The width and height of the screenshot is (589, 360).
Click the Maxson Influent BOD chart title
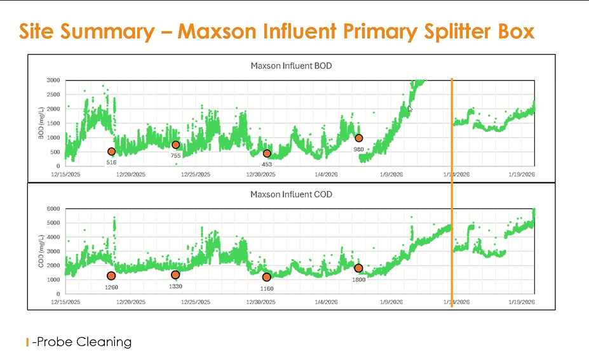(x=291, y=65)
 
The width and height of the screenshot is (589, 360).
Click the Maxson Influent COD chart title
(x=291, y=194)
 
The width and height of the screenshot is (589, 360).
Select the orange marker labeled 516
(x=112, y=151)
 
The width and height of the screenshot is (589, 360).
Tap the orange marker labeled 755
(x=176, y=145)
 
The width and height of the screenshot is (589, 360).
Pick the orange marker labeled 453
(x=267, y=154)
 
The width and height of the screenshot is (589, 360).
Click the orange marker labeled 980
(x=358, y=138)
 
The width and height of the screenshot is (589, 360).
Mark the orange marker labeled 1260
(x=111, y=276)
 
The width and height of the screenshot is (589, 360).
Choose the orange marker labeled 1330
(x=175, y=275)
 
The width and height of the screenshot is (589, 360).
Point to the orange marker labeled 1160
(x=266, y=277)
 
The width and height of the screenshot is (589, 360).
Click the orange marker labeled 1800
(x=358, y=268)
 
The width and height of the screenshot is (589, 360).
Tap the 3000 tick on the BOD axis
(x=53, y=81)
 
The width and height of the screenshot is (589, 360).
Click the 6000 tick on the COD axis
(x=53, y=209)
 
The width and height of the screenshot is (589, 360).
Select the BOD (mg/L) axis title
(x=41, y=123)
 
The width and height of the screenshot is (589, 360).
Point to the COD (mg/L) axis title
(x=41, y=251)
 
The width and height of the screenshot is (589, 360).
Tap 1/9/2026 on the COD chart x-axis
(x=391, y=302)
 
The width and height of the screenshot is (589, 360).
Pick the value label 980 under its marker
(x=358, y=150)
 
